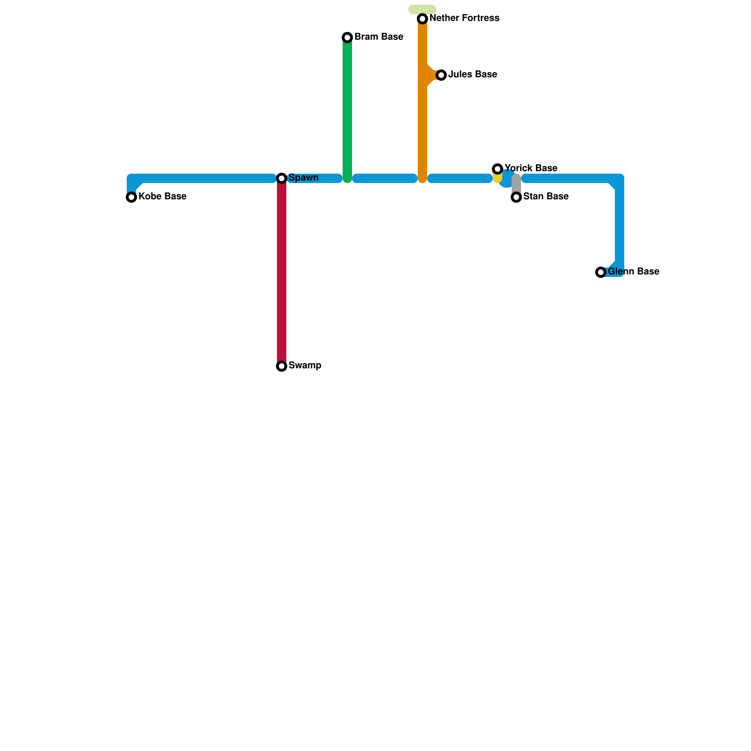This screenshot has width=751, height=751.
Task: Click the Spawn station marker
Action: coord(282,178)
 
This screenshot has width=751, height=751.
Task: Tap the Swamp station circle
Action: coord(282,366)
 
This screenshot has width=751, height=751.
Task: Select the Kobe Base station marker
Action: coord(131,197)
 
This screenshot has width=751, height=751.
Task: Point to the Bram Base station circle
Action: coord(347,38)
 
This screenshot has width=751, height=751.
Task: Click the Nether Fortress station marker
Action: coord(422,19)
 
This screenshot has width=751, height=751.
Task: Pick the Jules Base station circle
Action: coord(441,75)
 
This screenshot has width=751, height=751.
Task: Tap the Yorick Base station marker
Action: coord(498,169)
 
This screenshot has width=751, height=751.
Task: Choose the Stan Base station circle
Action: coord(516,197)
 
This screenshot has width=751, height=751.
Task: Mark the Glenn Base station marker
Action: coord(601,272)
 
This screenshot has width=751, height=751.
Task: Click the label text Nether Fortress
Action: coord(464,18)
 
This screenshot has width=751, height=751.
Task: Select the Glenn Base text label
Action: coord(633,272)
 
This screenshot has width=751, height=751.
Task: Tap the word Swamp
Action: coord(305,366)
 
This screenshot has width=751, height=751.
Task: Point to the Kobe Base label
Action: coord(162,197)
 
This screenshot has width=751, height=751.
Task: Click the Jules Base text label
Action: coord(472,75)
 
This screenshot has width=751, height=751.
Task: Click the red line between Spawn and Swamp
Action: coord(282,272)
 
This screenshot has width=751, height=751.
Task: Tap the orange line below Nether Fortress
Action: coord(422,127)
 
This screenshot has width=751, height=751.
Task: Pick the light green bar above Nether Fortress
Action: coord(422,9)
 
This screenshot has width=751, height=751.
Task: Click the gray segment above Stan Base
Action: coord(516,184)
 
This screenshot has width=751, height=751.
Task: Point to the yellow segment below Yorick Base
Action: coord(498,178)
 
